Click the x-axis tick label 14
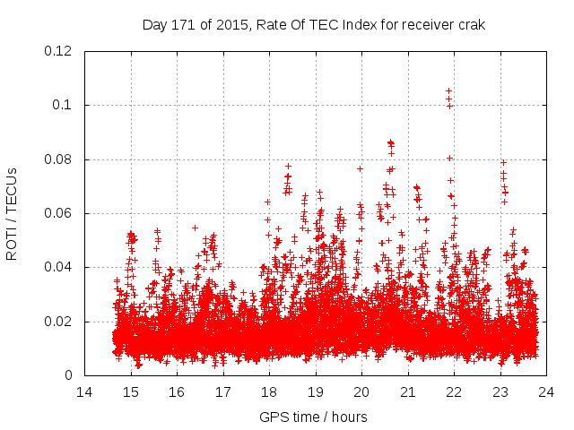click(x=84, y=391)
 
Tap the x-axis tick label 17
click(x=222, y=391)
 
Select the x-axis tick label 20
click(x=361, y=391)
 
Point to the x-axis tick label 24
click(x=546, y=391)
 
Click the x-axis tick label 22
click(x=454, y=391)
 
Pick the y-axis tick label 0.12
click(x=58, y=51)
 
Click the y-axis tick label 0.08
click(x=58, y=159)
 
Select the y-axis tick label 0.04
click(x=58, y=267)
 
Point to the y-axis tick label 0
click(x=70, y=375)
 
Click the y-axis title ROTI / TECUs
click(x=12, y=213)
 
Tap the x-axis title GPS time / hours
click(x=314, y=417)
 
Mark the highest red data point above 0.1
click(x=448, y=90)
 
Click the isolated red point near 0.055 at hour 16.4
click(x=195, y=228)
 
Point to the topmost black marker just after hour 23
click(x=503, y=162)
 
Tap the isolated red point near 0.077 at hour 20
click(x=360, y=168)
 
